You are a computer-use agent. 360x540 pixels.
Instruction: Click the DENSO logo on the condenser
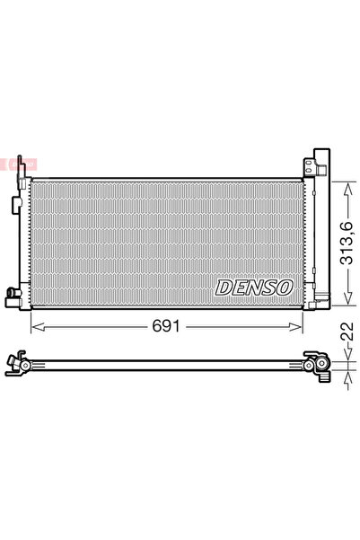253,288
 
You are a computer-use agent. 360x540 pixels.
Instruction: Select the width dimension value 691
170,327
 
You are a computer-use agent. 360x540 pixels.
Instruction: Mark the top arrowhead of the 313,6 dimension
346,182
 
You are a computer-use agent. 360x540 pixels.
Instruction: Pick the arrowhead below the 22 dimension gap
346,375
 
